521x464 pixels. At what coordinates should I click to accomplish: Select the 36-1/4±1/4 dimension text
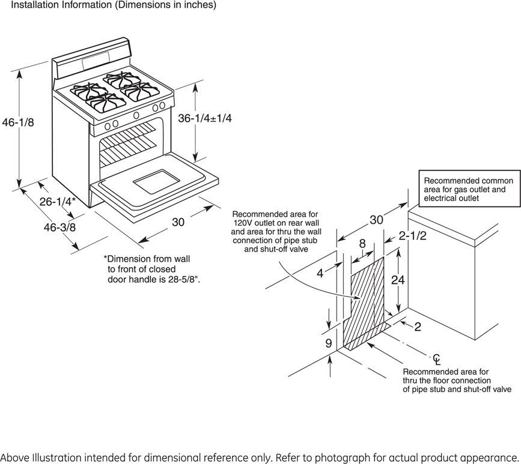(x=205, y=118)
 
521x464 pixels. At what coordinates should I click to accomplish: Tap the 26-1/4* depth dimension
(x=58, y=202)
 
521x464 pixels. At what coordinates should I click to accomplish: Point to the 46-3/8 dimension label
(x=43, y=227)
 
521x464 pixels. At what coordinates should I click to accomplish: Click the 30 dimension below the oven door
(x=178, y=222)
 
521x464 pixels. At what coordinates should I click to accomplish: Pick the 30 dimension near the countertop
(x=376, y=220)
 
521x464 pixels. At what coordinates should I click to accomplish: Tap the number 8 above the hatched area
(x=362, y=244)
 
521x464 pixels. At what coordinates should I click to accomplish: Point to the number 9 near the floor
(x=329, y=344)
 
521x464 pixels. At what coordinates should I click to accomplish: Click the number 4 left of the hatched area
(x=320, y=273)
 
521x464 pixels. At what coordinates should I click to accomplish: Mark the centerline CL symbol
(x=437, y=360)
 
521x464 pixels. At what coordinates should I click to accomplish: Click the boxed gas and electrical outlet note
(x=469, y=189)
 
